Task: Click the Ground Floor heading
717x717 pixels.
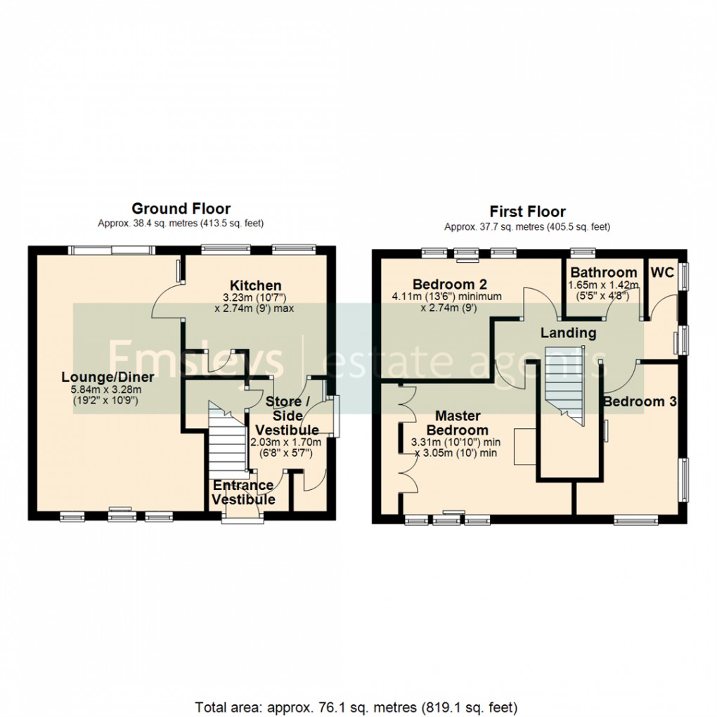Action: [x=181, y=208]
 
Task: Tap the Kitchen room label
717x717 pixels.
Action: [x=256, y=285]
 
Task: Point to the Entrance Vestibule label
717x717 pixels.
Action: [x=243, y=492]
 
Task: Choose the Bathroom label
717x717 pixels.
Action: [x=603, y=272]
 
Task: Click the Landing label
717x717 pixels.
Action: [x=568, y=332]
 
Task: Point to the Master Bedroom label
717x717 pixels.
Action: [x=460, y=423]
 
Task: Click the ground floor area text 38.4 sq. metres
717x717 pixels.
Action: [x=181, y=224]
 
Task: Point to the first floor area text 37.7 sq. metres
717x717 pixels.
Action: [x=527, y=227]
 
